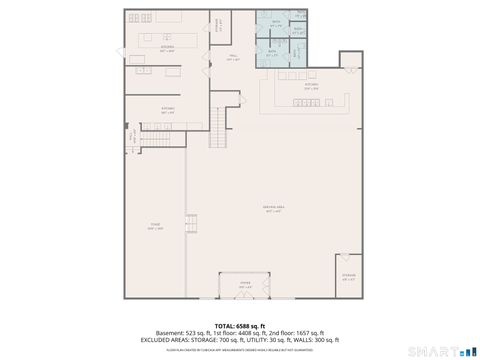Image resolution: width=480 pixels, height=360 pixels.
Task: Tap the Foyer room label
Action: pos(244,285)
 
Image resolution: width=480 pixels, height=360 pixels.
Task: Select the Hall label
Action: pos(232,58)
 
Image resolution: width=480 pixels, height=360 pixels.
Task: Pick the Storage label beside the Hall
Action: pos(218,25)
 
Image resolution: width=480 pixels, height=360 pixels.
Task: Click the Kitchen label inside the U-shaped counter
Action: pos(311,87)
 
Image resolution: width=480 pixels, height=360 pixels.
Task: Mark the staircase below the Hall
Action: pos(221,128)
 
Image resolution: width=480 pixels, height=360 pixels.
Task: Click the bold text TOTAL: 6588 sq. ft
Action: pos(240,326)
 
